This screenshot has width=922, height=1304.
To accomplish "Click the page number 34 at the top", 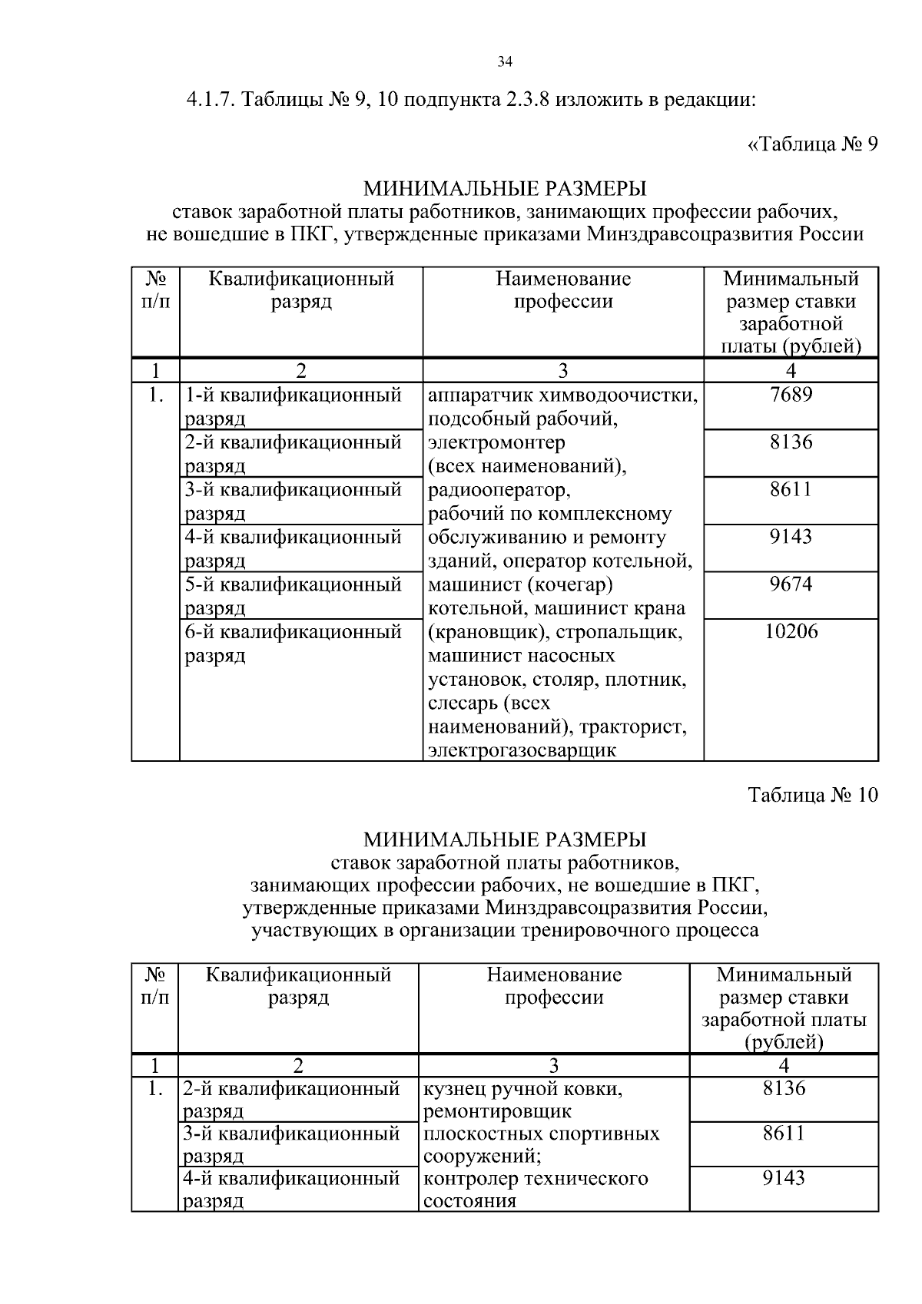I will click(505, 62).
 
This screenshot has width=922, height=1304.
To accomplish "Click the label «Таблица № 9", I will click(812, 144).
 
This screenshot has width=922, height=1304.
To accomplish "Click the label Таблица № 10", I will click(812, 794).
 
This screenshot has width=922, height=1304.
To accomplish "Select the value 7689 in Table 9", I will click(791, 395).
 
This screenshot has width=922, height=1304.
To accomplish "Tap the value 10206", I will click(791, 631).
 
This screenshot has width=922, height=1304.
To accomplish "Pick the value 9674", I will click(791, 584).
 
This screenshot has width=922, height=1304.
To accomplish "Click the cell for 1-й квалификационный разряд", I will click(293, 406).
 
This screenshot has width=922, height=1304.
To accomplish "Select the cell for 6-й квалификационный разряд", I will click(293, 644).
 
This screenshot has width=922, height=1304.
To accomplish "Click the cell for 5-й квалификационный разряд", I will click(293, 596).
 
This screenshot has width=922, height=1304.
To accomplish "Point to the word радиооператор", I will click(499, 490).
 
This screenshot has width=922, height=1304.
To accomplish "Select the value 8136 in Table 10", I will click(784, 1088).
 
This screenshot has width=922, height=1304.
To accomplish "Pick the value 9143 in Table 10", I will click(784, 1177).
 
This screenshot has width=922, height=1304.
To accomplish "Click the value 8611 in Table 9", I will click(791, 489).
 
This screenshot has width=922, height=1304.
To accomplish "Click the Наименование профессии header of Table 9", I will click(562, 290).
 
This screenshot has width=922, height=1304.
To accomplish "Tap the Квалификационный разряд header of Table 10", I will click(298, 986).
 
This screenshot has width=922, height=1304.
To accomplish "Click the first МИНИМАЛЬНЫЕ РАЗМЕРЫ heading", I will click(505, 188).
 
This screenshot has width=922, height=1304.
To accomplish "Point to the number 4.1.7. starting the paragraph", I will click(211, 100).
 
